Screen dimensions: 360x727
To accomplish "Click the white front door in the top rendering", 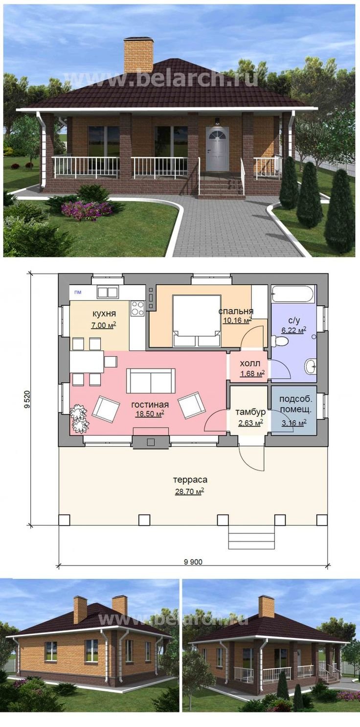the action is coord(218,149).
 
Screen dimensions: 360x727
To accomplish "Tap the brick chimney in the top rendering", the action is coord(138,56).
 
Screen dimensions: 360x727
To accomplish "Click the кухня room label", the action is coord(104,314).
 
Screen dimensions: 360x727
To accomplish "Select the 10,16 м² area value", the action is coord(237,320).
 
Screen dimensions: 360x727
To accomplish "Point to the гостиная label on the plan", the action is coord(150,405).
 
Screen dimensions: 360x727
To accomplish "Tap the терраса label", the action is coord(190,479).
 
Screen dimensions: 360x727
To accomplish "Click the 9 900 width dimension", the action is coord(193,562).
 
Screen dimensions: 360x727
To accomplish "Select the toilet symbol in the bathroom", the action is coord(280,341).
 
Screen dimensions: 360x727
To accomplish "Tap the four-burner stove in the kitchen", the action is coord(137,308).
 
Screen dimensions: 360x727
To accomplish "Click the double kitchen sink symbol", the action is coord(108,292).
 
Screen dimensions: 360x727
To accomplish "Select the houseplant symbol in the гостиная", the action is coord(79,419).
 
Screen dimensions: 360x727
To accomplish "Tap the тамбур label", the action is coord(250,412).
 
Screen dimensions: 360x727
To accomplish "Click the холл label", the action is coord(250,363).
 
